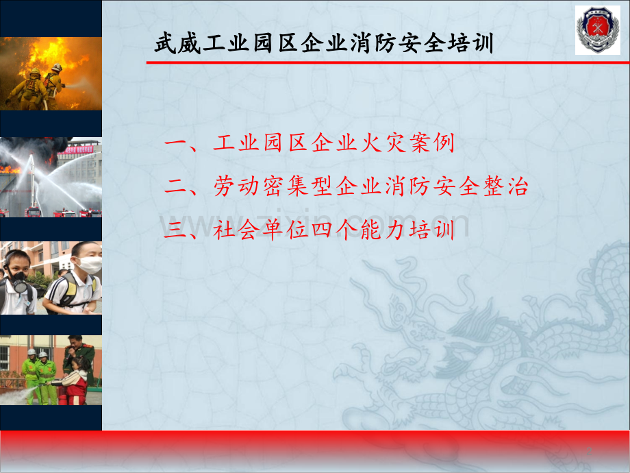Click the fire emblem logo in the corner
597,30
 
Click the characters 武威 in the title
178,43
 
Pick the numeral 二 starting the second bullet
175,186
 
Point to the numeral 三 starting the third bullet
175,230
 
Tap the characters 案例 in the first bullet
432,143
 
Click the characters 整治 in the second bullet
506,186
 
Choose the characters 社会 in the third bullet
236,230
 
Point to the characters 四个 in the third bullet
334,230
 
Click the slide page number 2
589,451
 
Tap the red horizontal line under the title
388,62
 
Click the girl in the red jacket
75,381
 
